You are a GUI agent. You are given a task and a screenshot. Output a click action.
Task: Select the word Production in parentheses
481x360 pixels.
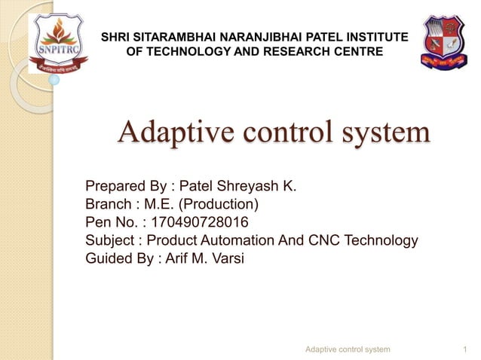click(x=219, y=204)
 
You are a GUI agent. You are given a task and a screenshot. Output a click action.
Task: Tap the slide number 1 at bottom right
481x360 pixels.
click(x=462, y=349)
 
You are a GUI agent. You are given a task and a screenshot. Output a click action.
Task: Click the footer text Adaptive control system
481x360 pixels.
click(x=348, y=349)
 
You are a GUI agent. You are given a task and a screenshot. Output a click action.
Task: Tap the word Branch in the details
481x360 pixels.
click(x=107, y=204)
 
